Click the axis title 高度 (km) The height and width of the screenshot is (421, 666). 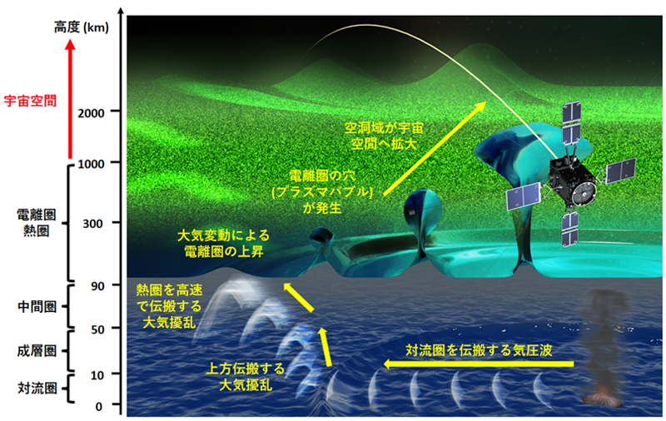click(x=81, y=27)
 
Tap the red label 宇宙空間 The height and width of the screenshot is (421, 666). click(x=30, y=101)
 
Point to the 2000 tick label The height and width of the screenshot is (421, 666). click(x=91, y=113)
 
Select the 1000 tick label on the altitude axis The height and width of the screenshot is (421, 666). click(x=91, y=163)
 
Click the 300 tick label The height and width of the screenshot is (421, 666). click(x=92, y=223)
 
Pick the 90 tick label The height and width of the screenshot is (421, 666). click(x=97, y=286)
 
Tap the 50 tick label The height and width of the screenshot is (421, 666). click(x=97, y=329)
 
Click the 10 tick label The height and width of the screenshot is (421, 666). click(x=97, y=375)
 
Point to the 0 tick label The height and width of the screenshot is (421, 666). click(x=98, y=407)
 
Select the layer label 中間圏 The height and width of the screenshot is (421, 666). click(x=37, y=306)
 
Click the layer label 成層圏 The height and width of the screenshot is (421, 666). click(x=37, y=351)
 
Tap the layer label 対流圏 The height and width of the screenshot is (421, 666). click(x=37, y=388)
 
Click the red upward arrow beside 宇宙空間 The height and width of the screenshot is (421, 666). click(x=71, y=99)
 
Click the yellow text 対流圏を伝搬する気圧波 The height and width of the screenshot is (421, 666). click(x=479, y=350)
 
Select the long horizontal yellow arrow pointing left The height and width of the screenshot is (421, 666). click(x=479, y=364)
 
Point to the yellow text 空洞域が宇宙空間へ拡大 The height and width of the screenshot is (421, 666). click(x=384, y=136)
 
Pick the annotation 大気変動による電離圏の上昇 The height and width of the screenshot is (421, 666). click(x=223, y=243)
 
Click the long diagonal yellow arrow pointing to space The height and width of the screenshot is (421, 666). click(x=435, y=149)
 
